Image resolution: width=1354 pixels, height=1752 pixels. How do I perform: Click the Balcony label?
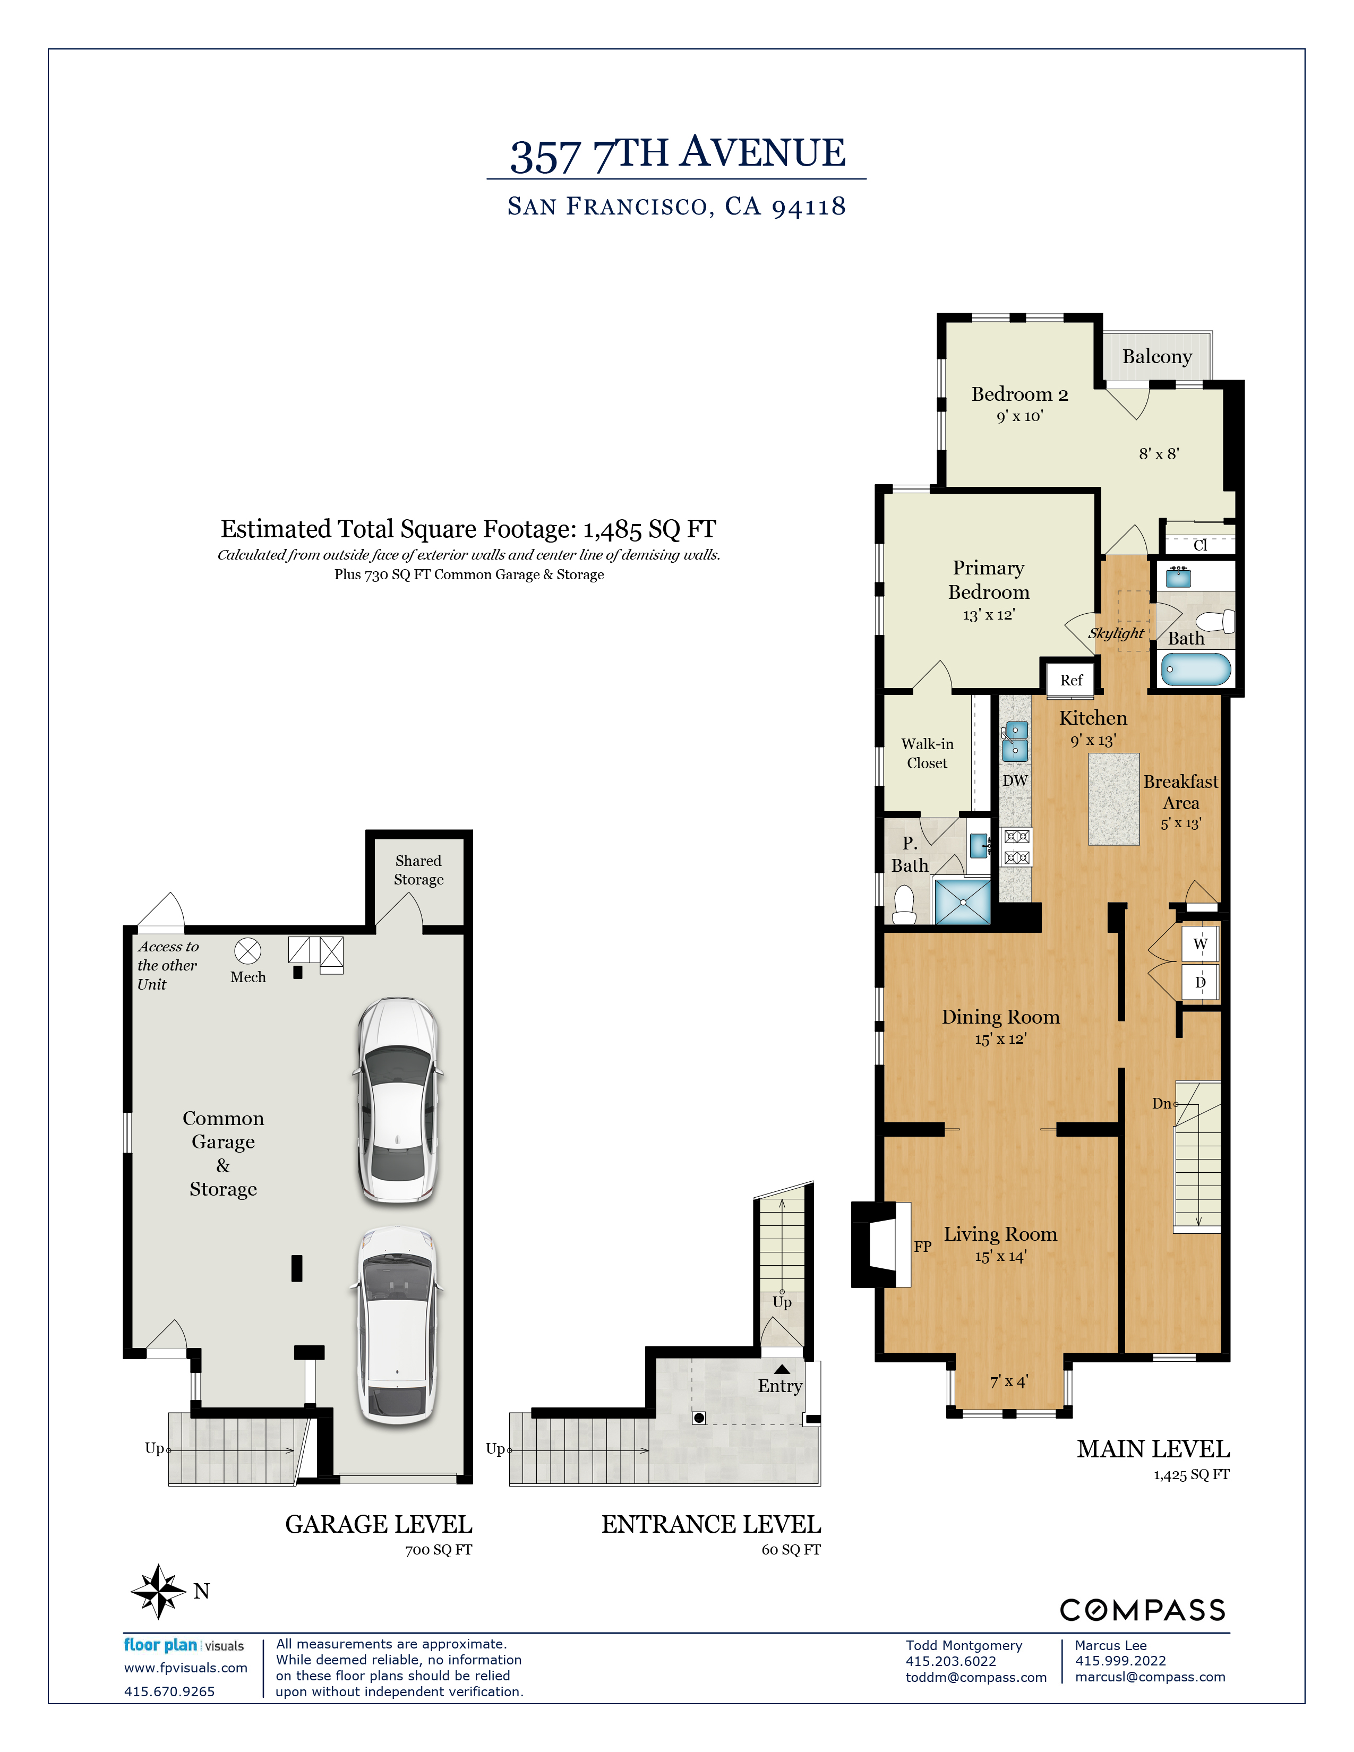1156,356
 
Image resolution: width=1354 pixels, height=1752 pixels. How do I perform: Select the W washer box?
1199,943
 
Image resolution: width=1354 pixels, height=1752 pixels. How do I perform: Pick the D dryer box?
1199,982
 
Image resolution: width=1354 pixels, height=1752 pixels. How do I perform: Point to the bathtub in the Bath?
1195,669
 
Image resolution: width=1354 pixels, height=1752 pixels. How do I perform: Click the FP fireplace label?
922,1246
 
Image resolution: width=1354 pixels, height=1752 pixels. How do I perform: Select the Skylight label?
1115,633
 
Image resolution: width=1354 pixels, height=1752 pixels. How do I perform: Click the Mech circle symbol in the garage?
247,951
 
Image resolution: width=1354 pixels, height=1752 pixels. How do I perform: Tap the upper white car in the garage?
398,1101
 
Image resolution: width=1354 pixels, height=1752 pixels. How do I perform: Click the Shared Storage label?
418,870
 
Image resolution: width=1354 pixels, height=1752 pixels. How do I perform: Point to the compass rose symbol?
158,1591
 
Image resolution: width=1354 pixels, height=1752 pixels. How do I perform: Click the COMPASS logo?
1142,1609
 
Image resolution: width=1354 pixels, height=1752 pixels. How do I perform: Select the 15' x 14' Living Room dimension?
999,1256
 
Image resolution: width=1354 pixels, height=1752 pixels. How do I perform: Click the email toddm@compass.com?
975,1677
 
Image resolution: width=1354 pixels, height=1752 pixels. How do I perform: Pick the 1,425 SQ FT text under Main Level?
1190,1474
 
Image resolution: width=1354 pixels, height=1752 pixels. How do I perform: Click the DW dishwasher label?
1015,780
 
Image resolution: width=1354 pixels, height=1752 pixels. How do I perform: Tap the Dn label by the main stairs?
1161,1104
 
